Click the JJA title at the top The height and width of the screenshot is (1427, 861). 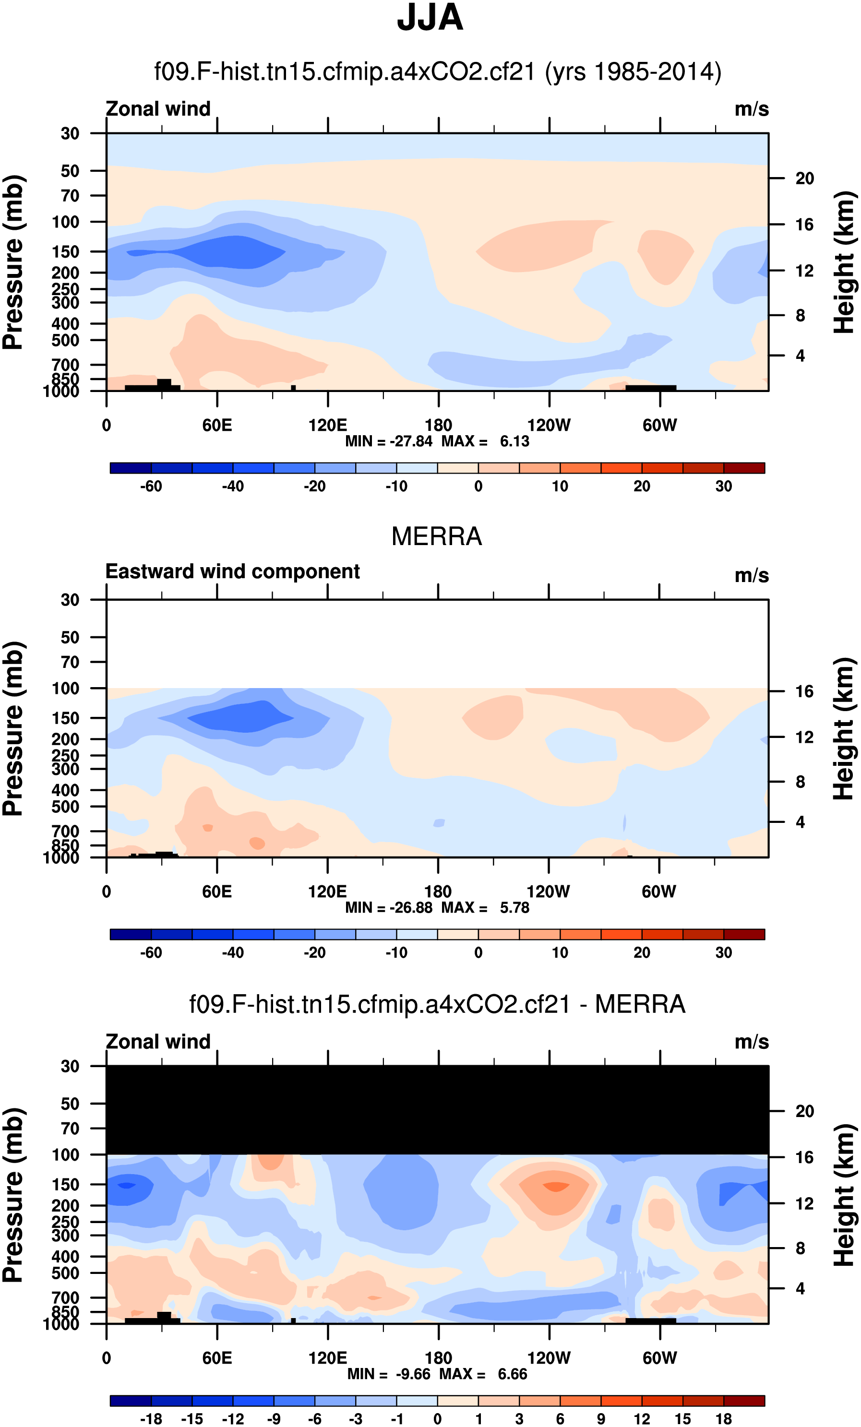coord(430,17)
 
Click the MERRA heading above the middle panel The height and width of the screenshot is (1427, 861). coord(436,536)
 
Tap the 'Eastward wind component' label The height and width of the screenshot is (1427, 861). coord(232,571)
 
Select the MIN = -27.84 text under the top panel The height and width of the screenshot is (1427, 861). coord(388,441)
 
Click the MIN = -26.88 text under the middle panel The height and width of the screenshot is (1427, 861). coord(388,907)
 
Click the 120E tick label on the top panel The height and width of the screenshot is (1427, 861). coord(327,426)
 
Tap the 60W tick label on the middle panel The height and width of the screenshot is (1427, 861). coord(659,892)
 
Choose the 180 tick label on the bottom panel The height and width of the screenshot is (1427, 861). coord(438,1358)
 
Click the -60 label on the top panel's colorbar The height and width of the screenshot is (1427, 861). coord(151,487)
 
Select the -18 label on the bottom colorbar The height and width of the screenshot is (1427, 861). coord(151,1419)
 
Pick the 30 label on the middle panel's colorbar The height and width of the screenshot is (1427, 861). coord(723,952)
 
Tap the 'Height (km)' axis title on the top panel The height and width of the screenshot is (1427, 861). coord(844,262)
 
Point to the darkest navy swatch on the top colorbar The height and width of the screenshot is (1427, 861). coord(131,468)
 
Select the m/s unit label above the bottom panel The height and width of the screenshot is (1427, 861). coord(752,1042)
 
